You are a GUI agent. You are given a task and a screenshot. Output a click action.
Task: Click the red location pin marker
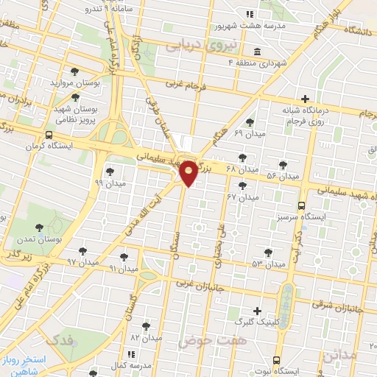[188, 173]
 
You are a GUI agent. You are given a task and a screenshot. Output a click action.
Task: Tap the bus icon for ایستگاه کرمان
[49, 135]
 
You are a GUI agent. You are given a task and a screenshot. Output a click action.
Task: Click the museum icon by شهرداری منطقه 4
[256, 52]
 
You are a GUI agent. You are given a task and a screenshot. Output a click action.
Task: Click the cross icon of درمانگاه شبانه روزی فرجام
[305, 99]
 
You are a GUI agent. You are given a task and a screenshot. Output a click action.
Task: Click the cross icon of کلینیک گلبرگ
[256, 311]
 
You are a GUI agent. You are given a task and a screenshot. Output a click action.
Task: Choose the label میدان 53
[268, 264]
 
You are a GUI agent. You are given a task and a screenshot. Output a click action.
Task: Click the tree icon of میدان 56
[283, 165]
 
